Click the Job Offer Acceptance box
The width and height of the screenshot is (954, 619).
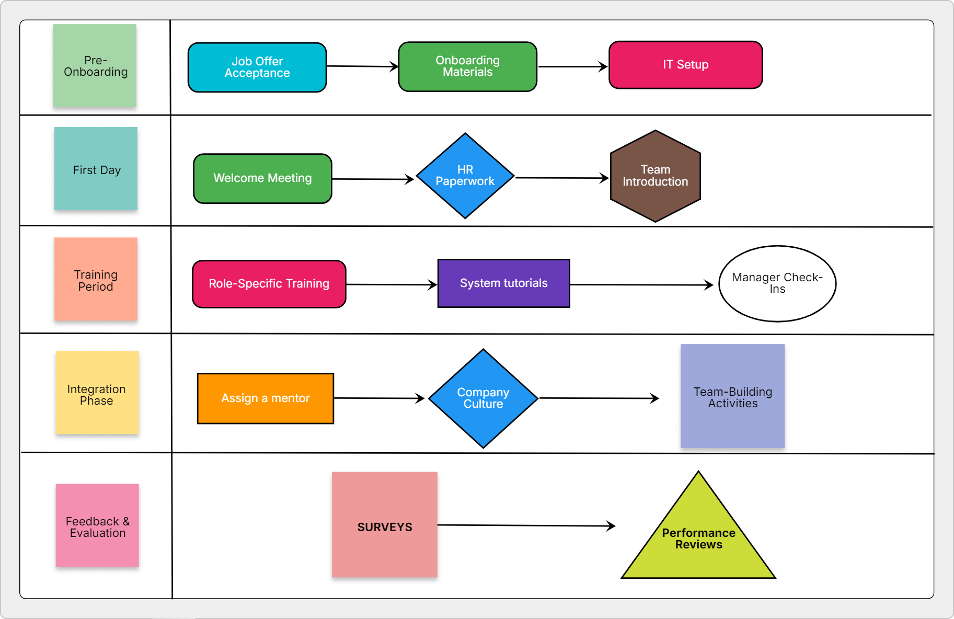[257, 67]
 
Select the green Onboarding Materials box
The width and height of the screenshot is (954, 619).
[467, 66]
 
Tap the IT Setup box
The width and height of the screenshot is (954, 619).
[685, 65]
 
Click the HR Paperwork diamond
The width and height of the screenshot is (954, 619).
[465, 176]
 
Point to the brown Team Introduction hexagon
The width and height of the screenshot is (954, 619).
[655, 176]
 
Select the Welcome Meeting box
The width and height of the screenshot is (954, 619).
[262, 178]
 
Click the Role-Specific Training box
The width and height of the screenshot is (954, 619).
[269, 284]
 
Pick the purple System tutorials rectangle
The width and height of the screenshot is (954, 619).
[503, 283]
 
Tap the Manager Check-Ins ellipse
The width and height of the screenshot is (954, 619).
[777, 283]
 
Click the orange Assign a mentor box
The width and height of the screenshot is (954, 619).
[265, 398]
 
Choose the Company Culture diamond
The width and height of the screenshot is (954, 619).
[483, 398]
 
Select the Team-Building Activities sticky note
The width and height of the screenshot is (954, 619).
[732, 396]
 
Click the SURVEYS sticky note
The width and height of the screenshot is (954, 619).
[384, 524]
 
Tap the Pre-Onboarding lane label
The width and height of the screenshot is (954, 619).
[95, 66]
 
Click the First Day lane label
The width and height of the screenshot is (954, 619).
[96, 169]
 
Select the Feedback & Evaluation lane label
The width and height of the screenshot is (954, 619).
[97, 525]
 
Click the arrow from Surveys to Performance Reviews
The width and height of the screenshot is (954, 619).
[525, 525]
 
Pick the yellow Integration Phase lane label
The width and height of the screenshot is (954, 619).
[97, 393]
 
